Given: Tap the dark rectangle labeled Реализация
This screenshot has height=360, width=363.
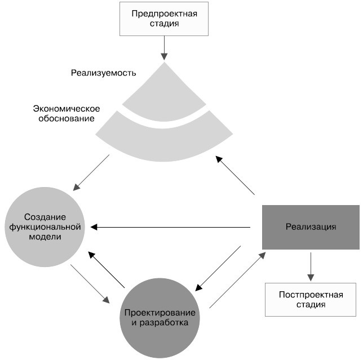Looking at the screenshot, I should coord(311,227).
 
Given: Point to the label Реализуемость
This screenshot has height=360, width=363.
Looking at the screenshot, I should coord(104,73).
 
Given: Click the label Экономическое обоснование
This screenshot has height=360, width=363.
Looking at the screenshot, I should coord(67,113).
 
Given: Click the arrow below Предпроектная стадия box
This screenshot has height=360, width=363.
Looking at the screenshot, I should coord(164,47).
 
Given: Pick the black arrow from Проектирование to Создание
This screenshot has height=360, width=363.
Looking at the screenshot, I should coord(107,269).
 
